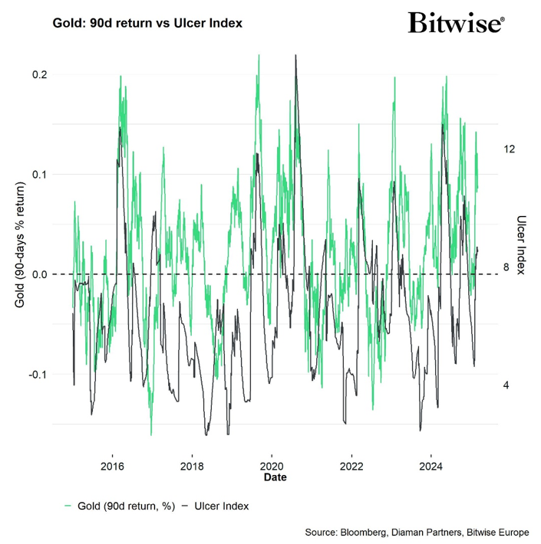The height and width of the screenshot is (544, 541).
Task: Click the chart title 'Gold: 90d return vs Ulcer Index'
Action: click(147, 23)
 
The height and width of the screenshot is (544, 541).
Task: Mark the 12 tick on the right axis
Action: click(509, 149)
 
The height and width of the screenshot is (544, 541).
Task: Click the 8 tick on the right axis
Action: click(506, 267)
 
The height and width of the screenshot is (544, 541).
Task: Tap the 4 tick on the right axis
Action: click(506, 385)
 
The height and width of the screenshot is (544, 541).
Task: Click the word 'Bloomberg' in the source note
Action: click(368, 532)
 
